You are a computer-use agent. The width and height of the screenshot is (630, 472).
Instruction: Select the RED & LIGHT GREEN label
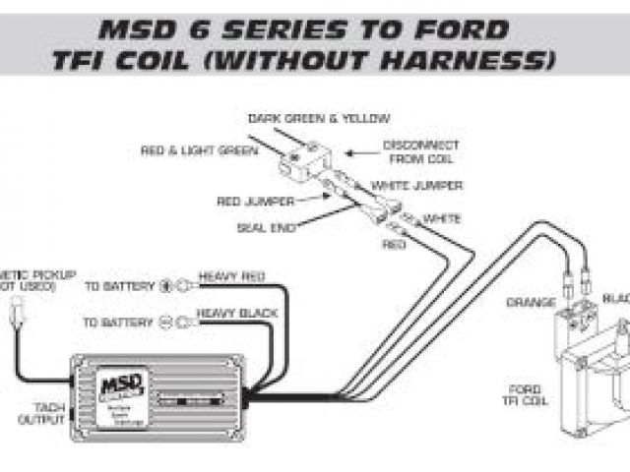tap(199, 150)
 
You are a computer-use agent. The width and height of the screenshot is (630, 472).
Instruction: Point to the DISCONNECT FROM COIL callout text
tap(420, 151)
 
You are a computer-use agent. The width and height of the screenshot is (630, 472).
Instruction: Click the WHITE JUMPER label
tap(416, 185)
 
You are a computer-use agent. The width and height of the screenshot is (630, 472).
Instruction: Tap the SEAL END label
tap(261, 227)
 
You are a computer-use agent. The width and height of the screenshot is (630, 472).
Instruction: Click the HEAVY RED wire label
tap(232, 277)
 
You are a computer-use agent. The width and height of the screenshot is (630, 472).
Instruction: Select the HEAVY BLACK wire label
tap(237, 314)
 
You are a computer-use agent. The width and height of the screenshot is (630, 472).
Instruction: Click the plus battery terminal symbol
tap(166, 286)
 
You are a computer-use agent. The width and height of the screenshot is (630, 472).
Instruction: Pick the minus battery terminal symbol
tap(166, 323)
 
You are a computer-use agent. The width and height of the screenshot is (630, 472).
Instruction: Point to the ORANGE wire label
tap(531, 302)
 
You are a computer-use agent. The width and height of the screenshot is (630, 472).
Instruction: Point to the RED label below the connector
tap(394, 243)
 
